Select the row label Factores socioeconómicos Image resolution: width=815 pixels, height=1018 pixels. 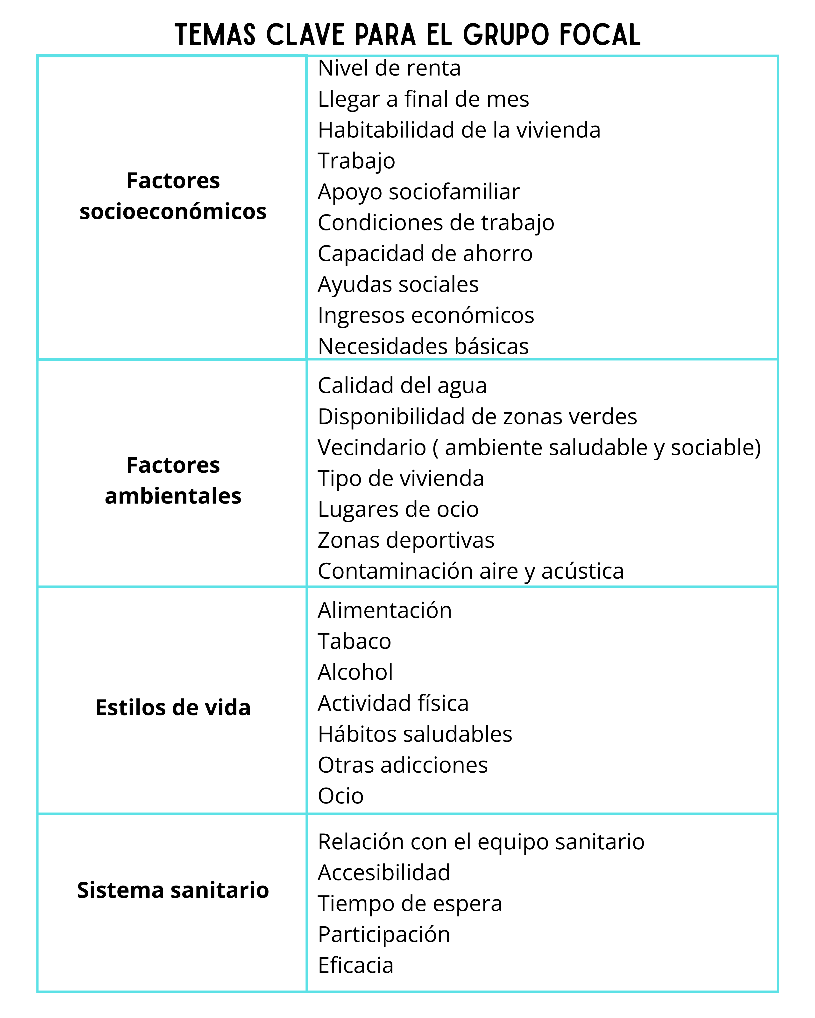pos(173,196)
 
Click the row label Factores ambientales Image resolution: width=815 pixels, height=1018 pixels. pos(173,481)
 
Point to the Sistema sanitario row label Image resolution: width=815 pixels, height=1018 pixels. pos(173,890)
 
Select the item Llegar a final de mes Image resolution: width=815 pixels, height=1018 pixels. pos(423,99)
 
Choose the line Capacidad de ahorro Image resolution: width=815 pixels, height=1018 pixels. pos(425,254)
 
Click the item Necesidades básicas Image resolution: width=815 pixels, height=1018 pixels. pos(423,346)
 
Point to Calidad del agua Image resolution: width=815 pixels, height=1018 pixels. pos(402,386)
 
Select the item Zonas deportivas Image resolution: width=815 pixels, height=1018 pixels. pos(406,540)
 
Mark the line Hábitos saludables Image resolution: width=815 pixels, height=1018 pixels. pos(415,734)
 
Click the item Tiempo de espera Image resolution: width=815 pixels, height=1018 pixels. pos(410,904)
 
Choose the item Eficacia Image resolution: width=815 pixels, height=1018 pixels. pos(356,966)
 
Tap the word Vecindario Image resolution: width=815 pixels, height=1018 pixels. pos(372,448)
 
